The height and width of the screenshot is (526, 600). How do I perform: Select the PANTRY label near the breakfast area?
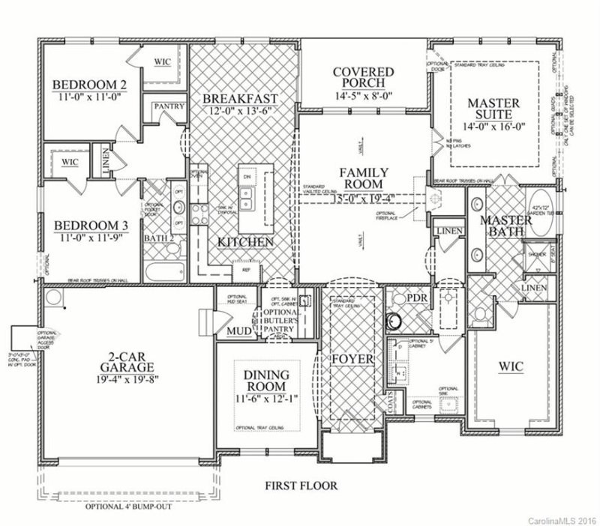coord(169,107)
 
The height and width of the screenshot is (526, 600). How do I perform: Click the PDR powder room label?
coord(415,298)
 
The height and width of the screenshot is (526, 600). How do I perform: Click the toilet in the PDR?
coord(393,323)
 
